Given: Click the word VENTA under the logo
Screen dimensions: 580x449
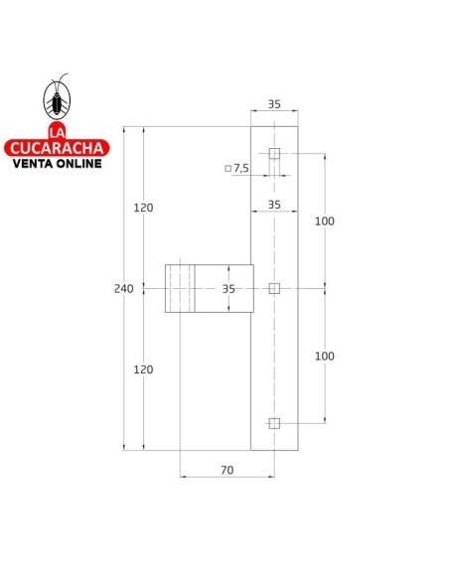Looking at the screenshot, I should (33, 163).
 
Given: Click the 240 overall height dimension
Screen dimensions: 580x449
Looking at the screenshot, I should (123, 288).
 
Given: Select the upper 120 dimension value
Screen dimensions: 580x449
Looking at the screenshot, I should (143, 208).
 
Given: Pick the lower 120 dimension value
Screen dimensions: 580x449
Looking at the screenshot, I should (143, 369).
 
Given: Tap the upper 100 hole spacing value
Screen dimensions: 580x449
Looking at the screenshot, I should (324, 220).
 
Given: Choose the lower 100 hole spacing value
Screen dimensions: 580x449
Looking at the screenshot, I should (324, 356).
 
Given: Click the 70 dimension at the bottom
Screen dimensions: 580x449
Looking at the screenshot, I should (226, 470).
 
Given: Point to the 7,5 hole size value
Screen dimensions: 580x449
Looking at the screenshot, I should (242, 169).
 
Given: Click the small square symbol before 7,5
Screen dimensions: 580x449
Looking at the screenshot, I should (227, 169).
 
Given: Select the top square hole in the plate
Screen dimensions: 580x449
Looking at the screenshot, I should (275, 154).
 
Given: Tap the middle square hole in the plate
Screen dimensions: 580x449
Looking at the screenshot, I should (275, 288).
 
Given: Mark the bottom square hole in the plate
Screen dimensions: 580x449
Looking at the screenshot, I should (275, 423).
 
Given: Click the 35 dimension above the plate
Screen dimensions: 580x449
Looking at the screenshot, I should (274, 102).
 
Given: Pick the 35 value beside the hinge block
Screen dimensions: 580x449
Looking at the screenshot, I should (228, 288).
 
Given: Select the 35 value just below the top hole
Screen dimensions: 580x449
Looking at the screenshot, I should (274, 204).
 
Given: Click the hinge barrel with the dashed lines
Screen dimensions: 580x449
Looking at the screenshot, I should (180, 288).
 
